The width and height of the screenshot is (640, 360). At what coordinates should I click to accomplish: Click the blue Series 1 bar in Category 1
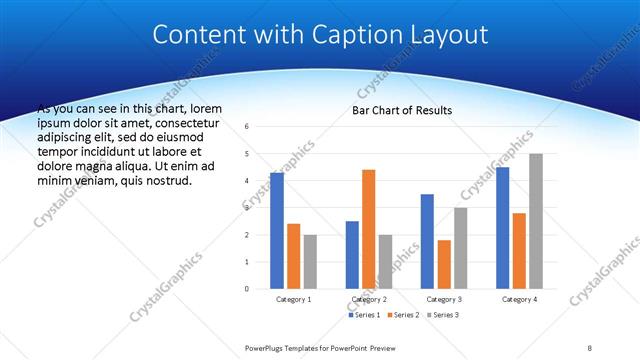[x=277, y=231]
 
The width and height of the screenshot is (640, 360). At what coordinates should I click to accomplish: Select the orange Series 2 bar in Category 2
[x=368, y=229]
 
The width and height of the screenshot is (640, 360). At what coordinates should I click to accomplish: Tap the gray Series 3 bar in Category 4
[x=536, y=221]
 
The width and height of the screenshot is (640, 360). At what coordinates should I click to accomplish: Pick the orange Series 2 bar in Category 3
[x=444, y=264]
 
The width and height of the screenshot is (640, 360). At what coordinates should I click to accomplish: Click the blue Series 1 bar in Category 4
[x=502, y=228]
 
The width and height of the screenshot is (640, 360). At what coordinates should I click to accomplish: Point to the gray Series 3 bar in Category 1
[x=310, y=262]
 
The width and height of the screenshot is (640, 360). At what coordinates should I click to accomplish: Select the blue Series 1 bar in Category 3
[x=427, y=241]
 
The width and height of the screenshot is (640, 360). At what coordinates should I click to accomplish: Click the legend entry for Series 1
[x=363, y=315]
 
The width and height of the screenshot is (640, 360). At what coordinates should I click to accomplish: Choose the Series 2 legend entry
[x=402, y=315]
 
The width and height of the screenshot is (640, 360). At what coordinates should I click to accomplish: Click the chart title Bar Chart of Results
[x=402, y=110]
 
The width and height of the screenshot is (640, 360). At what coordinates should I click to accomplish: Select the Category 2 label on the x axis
[x=369, y=299]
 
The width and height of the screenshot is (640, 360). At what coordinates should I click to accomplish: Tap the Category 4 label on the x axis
[x=519, y=299]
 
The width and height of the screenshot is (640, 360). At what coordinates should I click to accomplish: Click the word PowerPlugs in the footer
[x=268, y=348]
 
